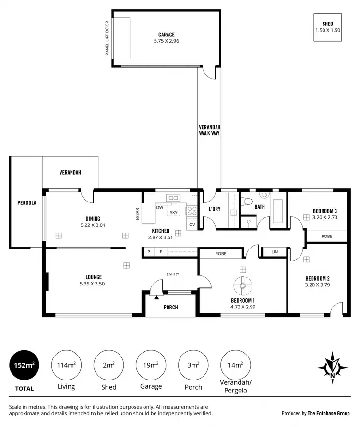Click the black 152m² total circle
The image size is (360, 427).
tap(24, 365)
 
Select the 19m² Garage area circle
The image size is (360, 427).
tap(151, 365)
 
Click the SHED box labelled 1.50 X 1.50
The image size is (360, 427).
tap(328, 27)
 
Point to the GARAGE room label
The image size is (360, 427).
tap(167, 35)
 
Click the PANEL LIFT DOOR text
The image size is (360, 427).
tap(108, 38)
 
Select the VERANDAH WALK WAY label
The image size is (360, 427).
tap(209, 130)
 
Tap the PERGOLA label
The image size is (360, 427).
tap(26, 203)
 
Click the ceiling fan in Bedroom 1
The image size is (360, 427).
tap(243, 286)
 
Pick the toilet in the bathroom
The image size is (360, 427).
tap(264, 196)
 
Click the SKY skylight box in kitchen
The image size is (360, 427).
tap(173, 212)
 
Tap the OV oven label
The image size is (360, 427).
tap(192, 225)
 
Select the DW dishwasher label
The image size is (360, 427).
tap(159, 208)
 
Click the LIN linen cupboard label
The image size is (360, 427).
tap(275, 252)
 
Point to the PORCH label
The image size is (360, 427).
tap(171, 307)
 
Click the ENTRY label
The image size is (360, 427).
tap(173, 274)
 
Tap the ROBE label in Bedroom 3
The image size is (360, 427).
tap(327, 236)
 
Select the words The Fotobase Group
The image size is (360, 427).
tap(329, 413)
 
